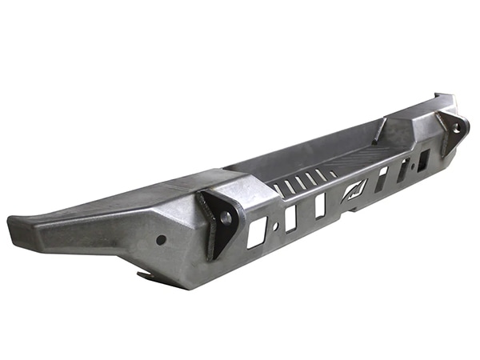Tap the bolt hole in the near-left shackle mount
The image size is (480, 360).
pos(226,217)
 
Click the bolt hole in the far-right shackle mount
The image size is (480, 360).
pos(457,126)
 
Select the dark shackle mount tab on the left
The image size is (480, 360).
pos(218,220)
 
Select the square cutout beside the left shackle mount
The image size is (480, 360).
pos(256,232)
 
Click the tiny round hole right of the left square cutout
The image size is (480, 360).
pos(276,226)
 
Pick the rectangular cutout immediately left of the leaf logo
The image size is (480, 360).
pos(320,206)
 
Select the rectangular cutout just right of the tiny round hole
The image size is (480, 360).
pos(290,217)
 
